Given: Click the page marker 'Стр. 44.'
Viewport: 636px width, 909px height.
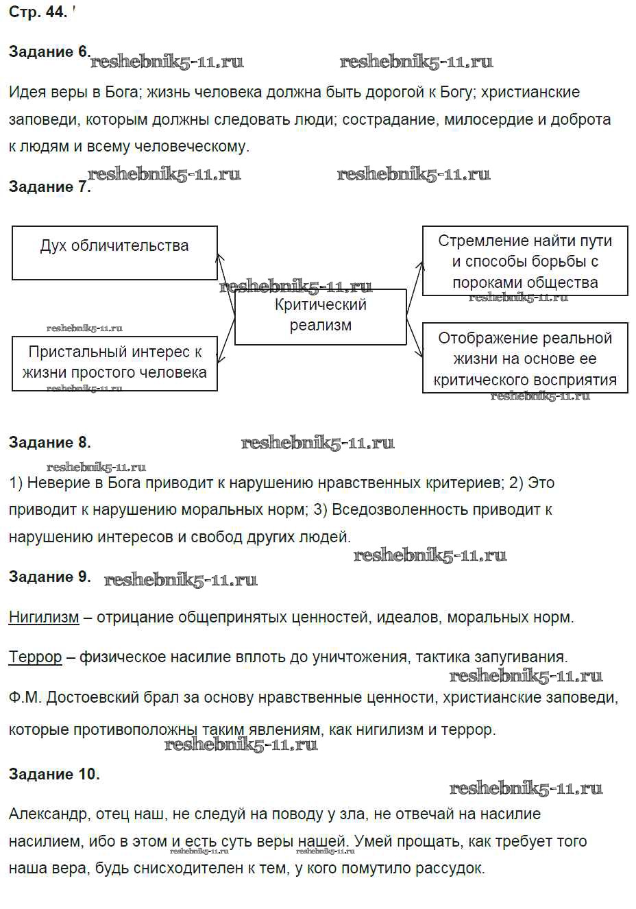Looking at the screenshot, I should point(38,12).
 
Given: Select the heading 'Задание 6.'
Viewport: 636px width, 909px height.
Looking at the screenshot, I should point(49,52).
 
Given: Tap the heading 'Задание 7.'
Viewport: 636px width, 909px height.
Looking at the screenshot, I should point(49,186).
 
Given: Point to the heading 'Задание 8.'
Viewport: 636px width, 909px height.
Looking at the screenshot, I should point(49,442).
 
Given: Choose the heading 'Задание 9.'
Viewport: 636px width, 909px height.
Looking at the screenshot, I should point(49,577).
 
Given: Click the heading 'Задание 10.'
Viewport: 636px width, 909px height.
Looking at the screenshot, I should point(54,774).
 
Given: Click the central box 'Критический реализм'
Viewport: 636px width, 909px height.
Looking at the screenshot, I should point(320,315).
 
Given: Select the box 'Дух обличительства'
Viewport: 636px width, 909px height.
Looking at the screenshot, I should point(114,252).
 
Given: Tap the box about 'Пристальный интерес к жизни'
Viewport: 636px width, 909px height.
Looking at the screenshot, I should point(114,363).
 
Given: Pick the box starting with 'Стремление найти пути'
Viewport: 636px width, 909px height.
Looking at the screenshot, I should point(525,261).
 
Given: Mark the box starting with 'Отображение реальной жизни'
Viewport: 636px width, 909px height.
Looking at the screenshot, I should point(525,359).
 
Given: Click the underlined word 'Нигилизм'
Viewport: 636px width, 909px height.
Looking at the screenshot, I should point(44,617).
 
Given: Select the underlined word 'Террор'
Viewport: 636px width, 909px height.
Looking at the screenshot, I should point(35,657).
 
